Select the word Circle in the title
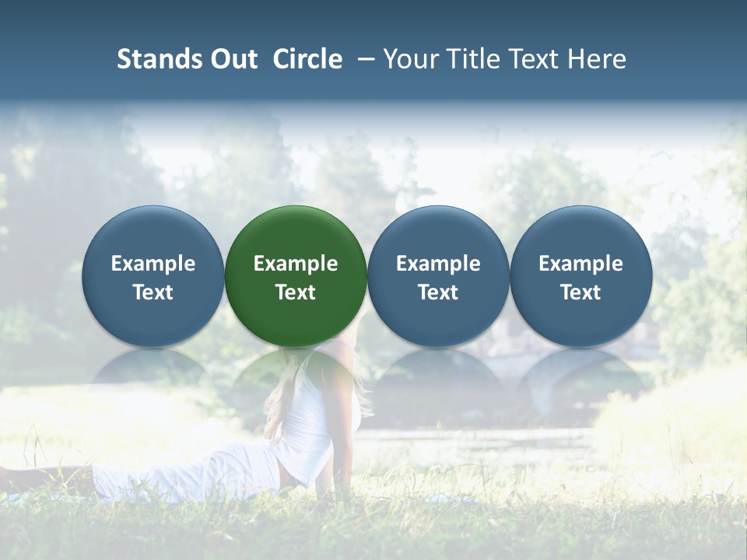click(307, 59)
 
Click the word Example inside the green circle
click(296, 264)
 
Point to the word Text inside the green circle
click(296, 292)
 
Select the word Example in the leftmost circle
click(153, 264)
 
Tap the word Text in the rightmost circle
click(580, 292)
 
